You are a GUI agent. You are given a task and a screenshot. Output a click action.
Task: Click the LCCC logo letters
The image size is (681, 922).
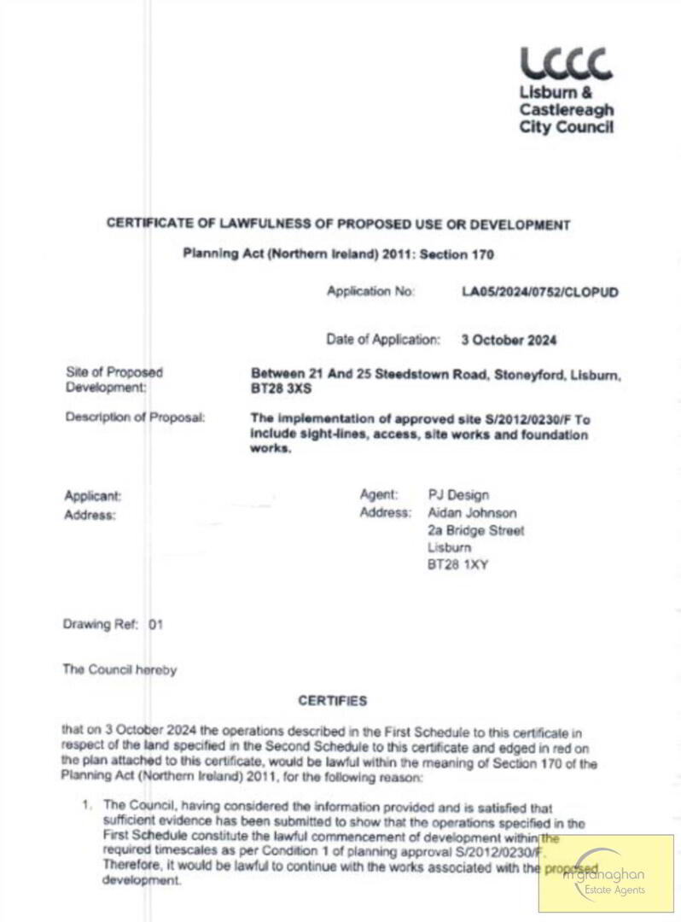click(566, 64)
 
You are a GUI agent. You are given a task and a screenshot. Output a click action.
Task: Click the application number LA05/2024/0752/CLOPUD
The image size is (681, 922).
click(539, 292)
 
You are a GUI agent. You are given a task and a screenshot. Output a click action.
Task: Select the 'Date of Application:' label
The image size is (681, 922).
click(383, 340)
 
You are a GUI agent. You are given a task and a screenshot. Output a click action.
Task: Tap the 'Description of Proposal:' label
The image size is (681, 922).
click(135, 418)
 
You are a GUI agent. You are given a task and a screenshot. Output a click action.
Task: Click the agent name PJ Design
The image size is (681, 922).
click(458, 495)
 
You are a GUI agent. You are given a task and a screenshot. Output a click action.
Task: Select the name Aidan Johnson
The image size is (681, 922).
click(472, 513)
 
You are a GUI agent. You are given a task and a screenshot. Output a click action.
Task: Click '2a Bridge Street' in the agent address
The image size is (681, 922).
click(476, 530)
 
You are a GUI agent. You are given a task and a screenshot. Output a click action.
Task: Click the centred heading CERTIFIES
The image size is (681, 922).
click(333, 701)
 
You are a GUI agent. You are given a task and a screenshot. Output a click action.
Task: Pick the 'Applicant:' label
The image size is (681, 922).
click(93, 496)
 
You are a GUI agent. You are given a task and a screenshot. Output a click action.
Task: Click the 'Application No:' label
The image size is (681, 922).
click(370, 292)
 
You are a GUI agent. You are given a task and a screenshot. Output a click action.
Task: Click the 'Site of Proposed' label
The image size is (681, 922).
click(113, 372)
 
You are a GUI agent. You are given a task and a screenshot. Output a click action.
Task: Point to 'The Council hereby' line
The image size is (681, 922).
click(119, 670)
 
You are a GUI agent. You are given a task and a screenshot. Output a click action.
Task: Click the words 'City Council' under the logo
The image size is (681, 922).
click(566, 128)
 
